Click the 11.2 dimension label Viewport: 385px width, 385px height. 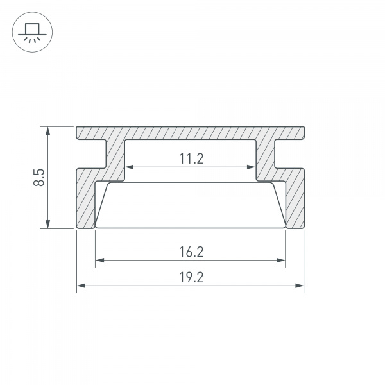(x=191, y=158)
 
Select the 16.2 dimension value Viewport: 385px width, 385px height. (x=191, y=252)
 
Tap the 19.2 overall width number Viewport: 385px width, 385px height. (x=191, y=277)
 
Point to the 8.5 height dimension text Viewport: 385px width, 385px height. (x=39, y=177)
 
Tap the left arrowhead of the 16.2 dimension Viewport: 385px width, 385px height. (x=99, y=261)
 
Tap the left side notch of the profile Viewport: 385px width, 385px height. (x=91, y=155)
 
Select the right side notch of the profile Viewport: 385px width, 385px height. (x=289, y=155)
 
